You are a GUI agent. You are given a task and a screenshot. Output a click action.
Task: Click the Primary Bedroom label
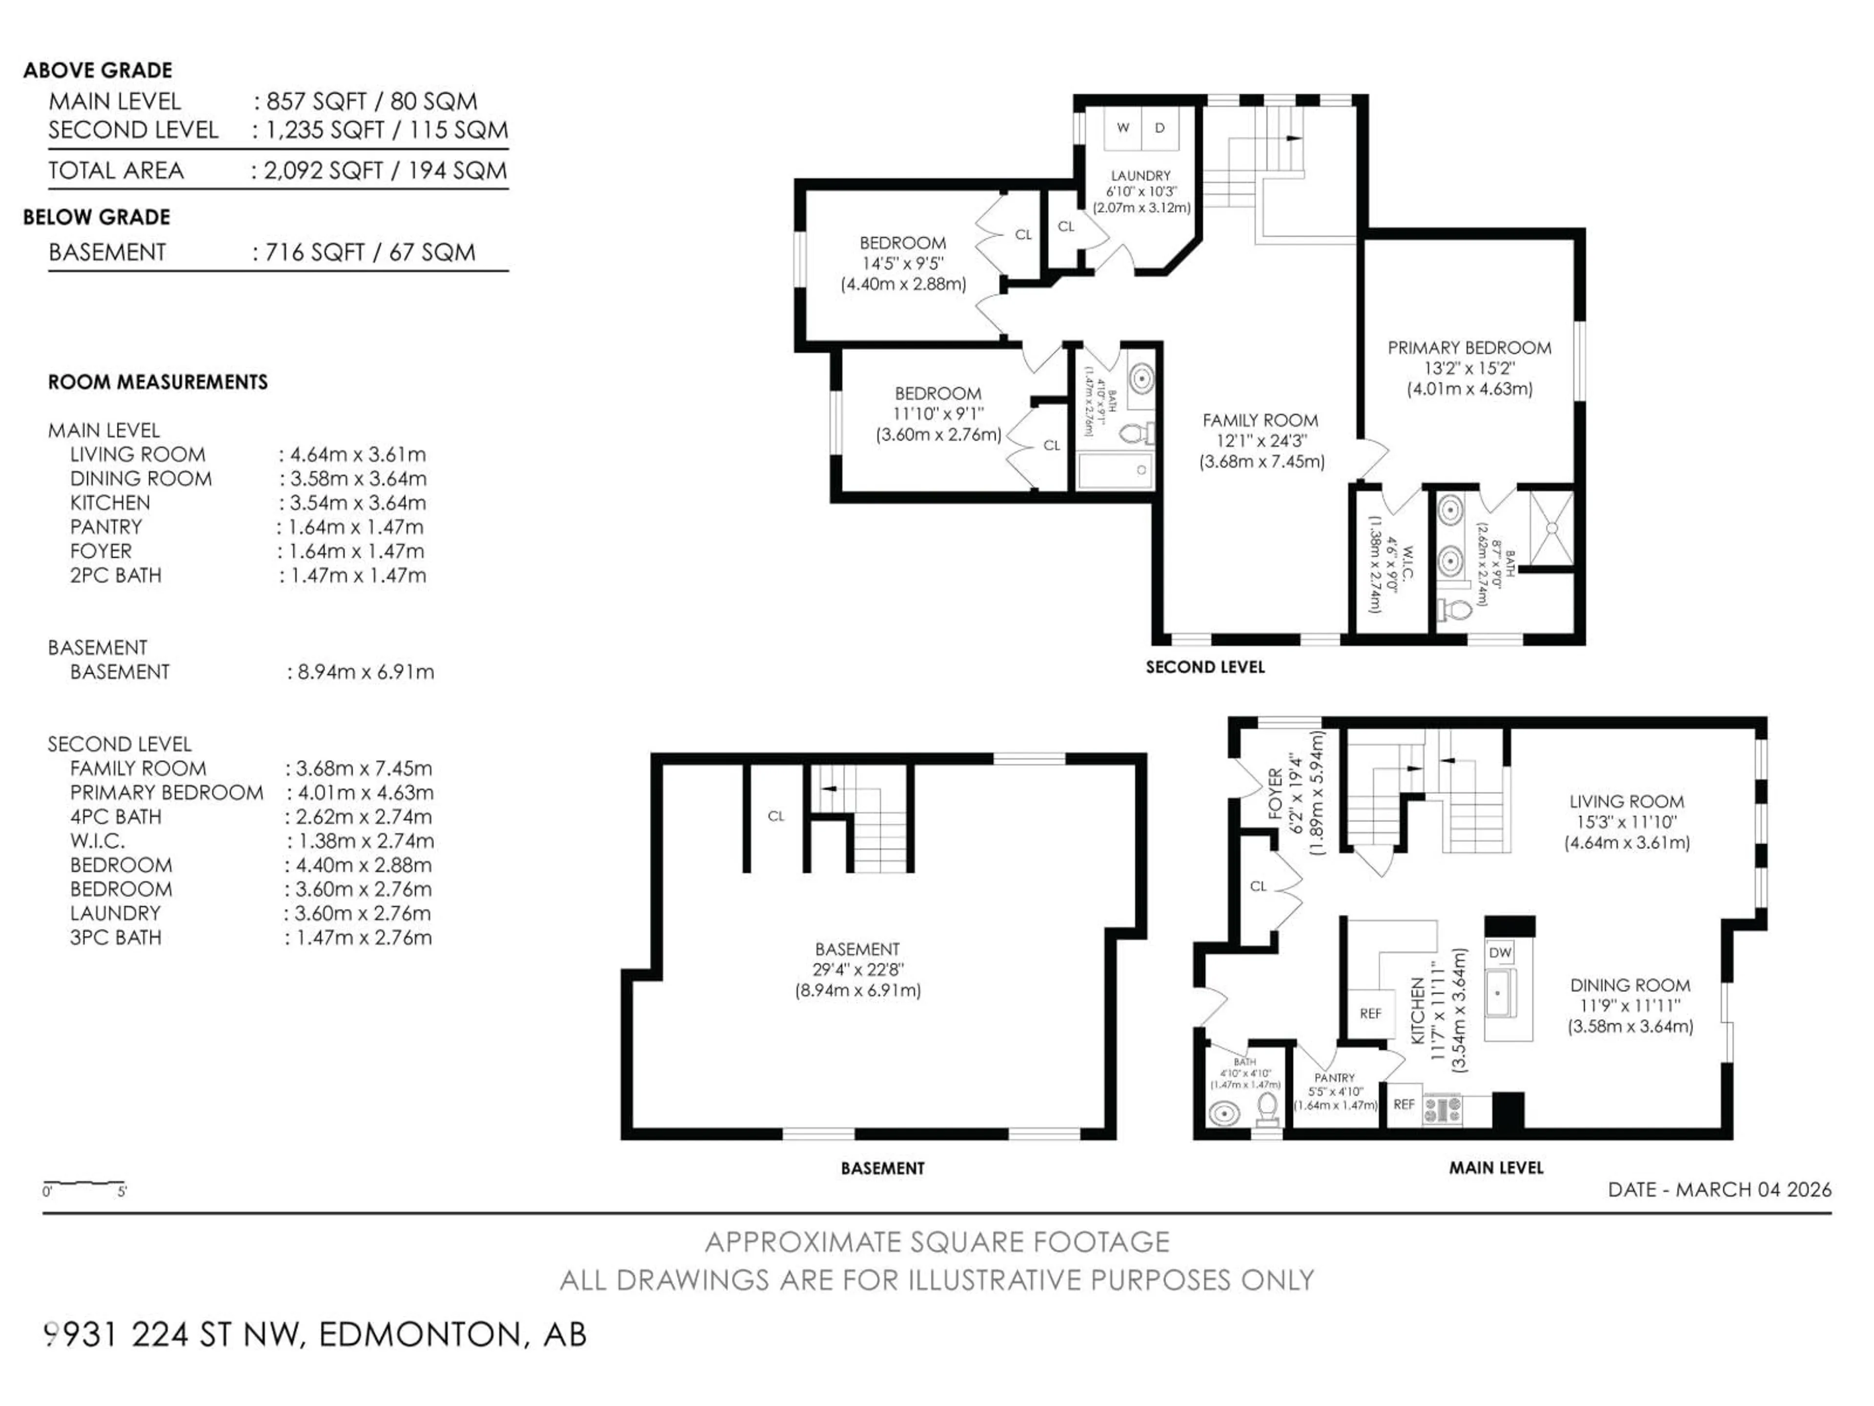(x=1469, y=348)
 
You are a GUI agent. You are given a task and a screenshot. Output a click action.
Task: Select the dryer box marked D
(x=1160, y=128)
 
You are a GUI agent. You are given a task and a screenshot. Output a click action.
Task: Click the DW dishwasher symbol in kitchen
(x=1500, y=952)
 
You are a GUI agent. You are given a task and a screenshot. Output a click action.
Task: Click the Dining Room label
(x=1629, y=986)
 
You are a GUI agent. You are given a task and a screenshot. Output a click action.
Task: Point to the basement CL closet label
(x=776, y=816)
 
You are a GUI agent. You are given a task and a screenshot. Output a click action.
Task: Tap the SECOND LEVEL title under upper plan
(x=1205, y=667)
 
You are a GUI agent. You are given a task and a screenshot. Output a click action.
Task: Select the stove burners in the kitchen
(x=1442, y=1109)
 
